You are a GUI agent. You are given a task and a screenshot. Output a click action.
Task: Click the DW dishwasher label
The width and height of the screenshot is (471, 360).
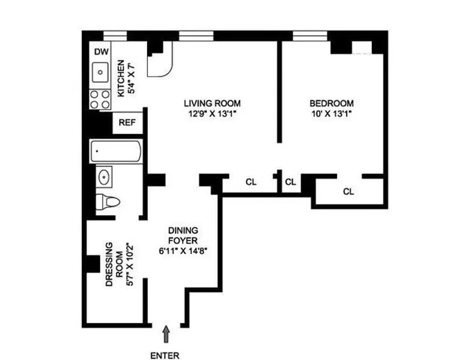(101, 52)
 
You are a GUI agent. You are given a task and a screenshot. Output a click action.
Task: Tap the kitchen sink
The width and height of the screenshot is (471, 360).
(100, 72)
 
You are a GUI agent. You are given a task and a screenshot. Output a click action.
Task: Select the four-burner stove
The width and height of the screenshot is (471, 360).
(100, 99)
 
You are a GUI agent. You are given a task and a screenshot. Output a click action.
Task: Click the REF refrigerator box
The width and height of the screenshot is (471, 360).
(127, 122)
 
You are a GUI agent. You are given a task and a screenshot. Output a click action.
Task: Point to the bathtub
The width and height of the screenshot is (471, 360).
(116, 151)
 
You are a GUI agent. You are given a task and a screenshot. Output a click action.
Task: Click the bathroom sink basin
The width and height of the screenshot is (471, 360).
(105, 177)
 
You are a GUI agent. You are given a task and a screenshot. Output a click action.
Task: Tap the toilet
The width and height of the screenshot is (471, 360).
(109, 201)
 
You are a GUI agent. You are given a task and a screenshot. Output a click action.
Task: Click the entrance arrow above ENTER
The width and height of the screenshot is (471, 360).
(167, 335)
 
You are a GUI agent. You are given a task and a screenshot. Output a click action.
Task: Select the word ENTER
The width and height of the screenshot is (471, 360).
(165, 355)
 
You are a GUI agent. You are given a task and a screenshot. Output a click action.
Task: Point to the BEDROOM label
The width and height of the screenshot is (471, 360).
(331, 103)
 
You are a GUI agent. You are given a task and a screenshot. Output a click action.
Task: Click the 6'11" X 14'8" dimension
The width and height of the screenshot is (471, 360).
(182, 252)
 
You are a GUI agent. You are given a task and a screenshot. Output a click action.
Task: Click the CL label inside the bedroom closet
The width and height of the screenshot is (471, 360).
(349, 192)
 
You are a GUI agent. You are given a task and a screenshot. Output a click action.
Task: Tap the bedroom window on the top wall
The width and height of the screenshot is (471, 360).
(309, 36)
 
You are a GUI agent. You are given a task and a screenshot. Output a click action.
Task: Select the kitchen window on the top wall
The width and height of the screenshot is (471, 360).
(115, 36)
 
